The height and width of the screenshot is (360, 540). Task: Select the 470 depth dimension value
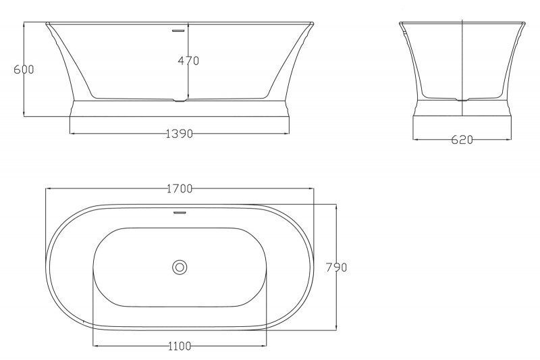(x=188, y=61)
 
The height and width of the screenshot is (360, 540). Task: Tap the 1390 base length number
(x=180, y=134)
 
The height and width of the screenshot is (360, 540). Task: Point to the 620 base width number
(x=462, y=140)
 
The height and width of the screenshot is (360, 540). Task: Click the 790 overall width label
(x=336, y=267)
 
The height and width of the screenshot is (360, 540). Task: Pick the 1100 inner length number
(x=179, y=346)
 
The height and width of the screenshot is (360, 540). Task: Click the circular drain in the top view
(x=180, y=267)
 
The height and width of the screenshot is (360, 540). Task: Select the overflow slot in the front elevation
(x=180, y=30)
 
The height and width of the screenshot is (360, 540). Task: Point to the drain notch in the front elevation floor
(x=180, y=101)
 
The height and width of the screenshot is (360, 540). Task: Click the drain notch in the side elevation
(x=462, y=100)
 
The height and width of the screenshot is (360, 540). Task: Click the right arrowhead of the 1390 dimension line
(x=288, y=134)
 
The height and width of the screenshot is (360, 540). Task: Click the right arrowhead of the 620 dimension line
(x=509, y=140)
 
